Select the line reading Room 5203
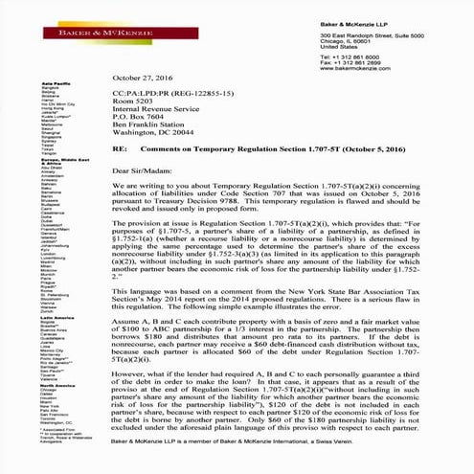[132, 99]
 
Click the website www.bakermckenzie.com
[351, 68]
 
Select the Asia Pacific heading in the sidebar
[56, 86]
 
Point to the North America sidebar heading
[59, 386]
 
